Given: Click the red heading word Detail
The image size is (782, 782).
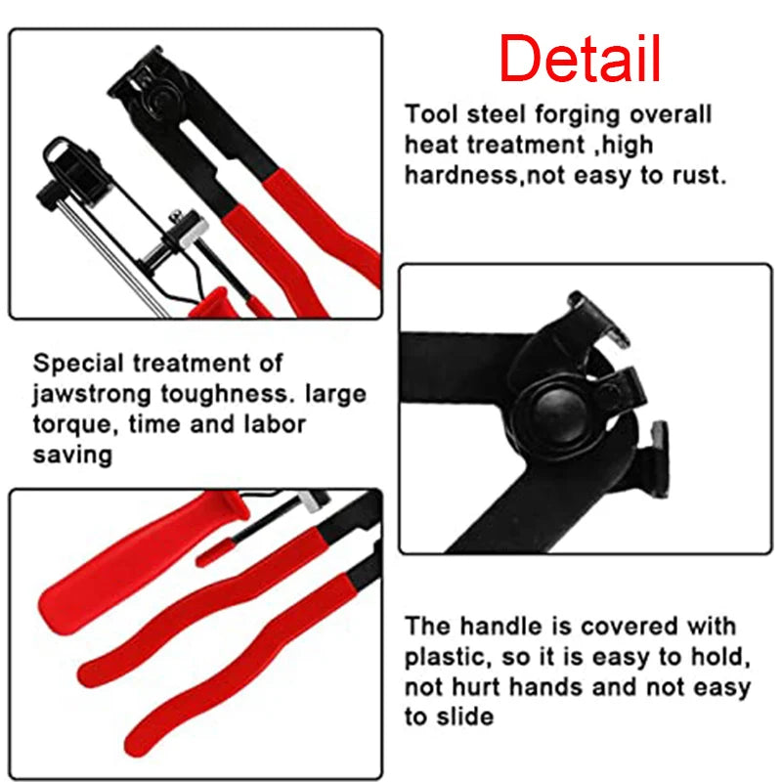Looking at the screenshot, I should [x=580, y=59].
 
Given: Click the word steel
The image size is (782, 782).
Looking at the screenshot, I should [x=490, y=114].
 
